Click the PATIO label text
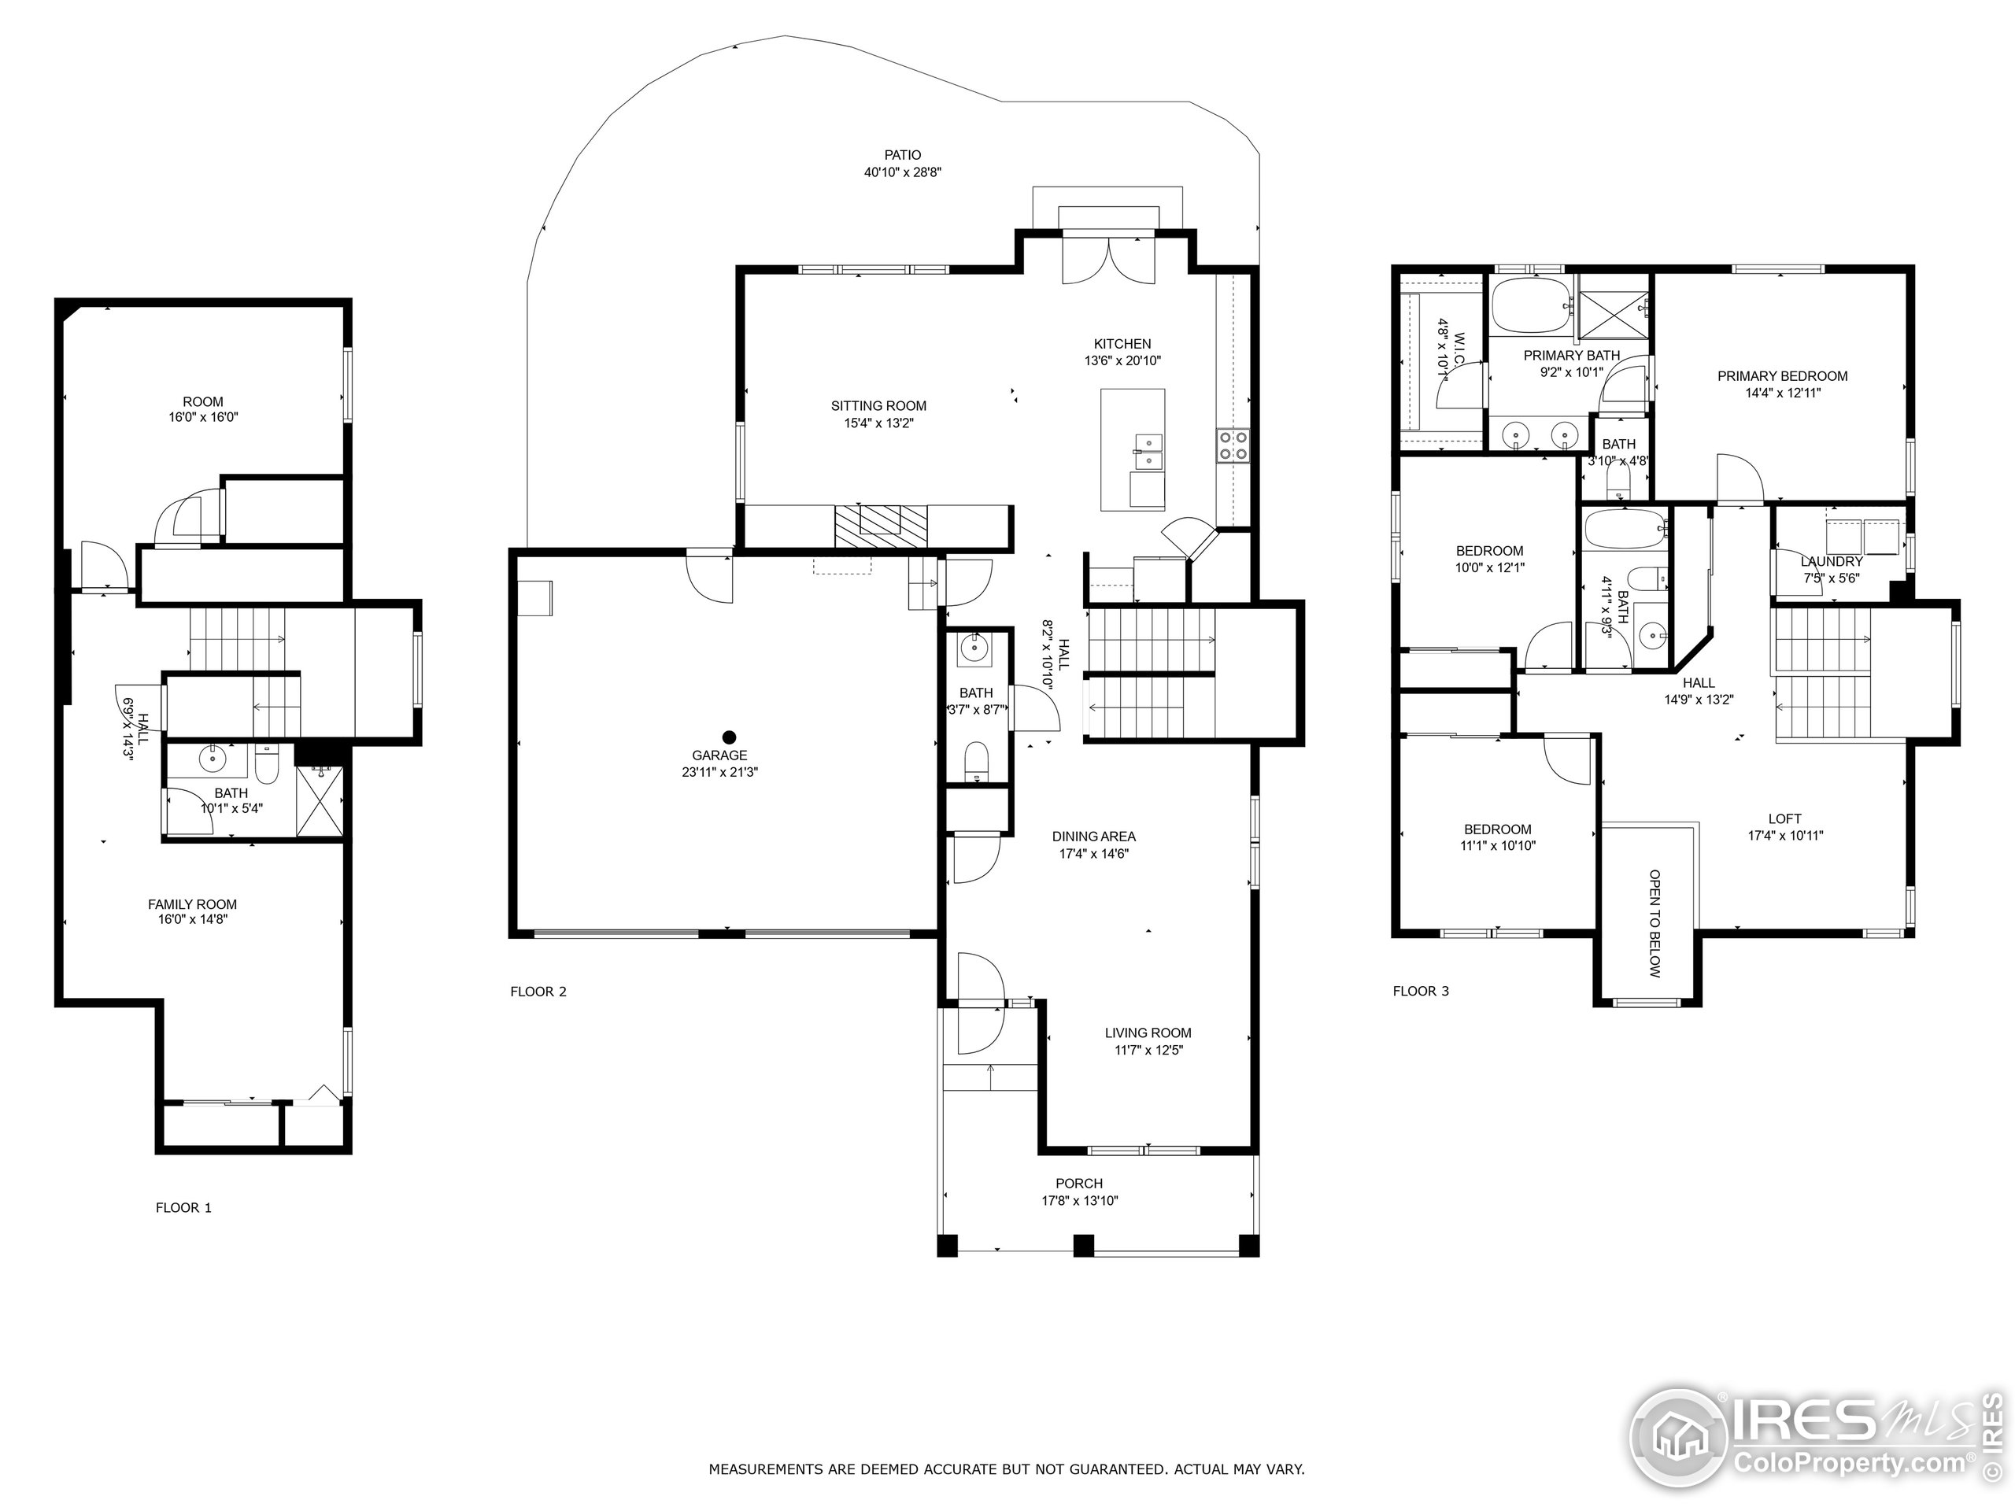(x=902, y=155)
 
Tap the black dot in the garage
(x=729, y=737)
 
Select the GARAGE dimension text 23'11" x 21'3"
(x=719, y=772)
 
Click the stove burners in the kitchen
(x=1233, y=445)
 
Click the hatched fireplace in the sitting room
(x=880, y=526)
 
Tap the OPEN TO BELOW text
(x=1655, y=924)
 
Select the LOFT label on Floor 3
(x=1784, y=818)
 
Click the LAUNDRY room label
(x=1831, y=562)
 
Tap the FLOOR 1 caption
(x=183, y=1208)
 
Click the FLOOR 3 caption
(x=1420, y=991)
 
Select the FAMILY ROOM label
(x=192, y=904)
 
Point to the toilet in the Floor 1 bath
(x=267, y=768)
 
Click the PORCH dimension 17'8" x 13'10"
(x=1079, y=1200)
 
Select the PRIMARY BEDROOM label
(x=1782, y=376)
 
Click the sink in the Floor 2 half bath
(x=973, y=650)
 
